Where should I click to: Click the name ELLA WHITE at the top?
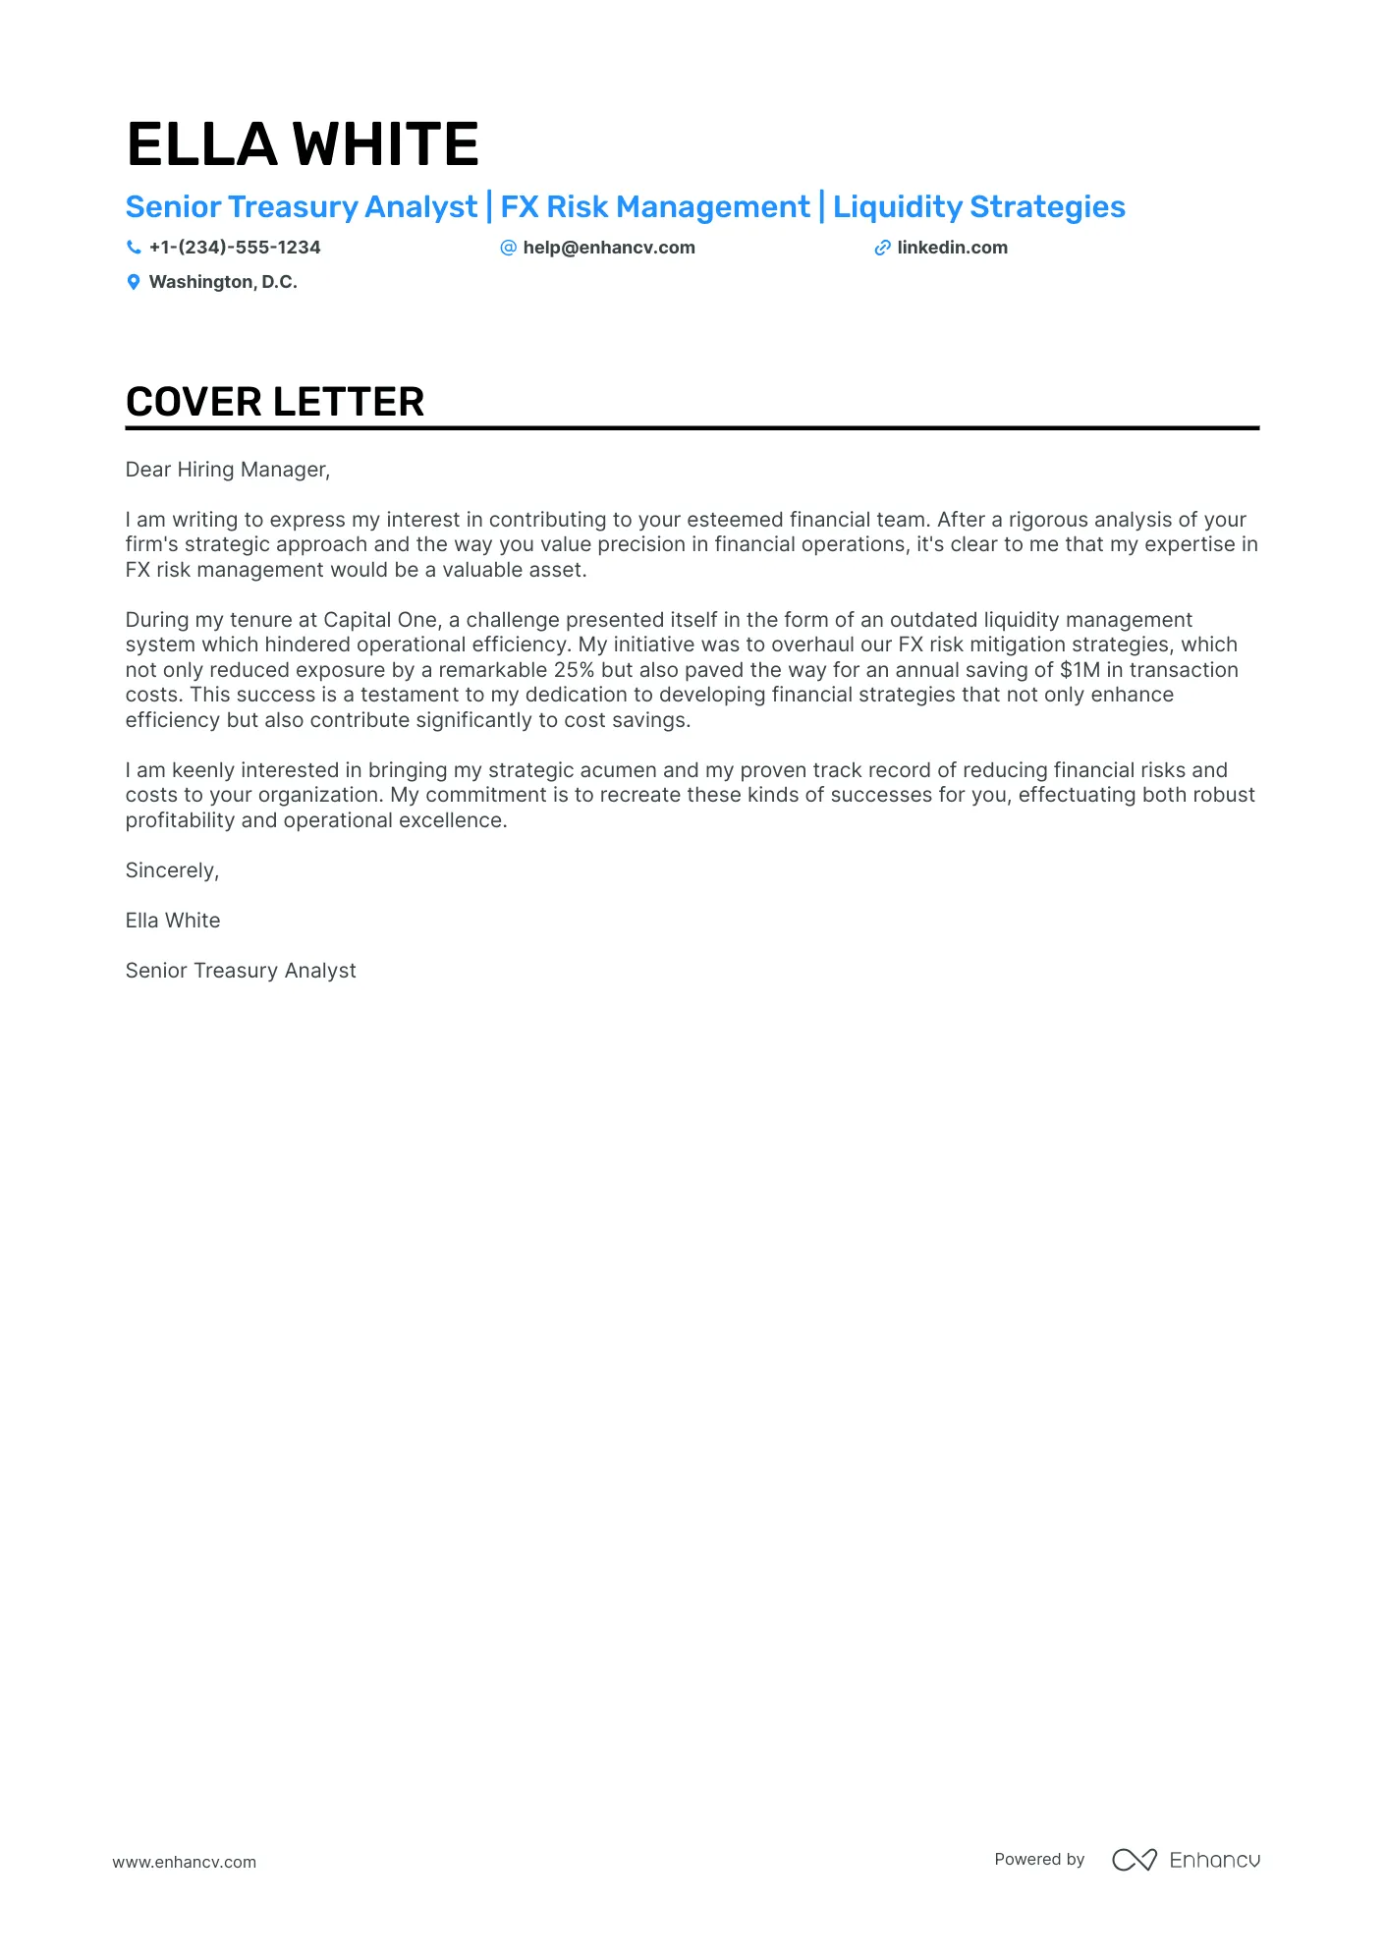303,144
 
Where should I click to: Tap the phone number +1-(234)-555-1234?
235,248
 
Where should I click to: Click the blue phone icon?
134,248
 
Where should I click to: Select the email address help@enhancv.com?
609,248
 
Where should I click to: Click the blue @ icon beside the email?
508,248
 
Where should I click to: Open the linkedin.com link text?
952,248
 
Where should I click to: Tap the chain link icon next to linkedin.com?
882,248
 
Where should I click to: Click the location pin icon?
134,283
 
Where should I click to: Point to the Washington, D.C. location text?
223,282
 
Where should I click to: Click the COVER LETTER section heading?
275,402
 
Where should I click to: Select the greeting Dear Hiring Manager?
228,470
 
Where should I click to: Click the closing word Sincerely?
172,870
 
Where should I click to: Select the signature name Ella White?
173,921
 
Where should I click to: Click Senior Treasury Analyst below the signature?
241,971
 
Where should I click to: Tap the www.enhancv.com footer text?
184,1862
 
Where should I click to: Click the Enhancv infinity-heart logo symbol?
1134,1860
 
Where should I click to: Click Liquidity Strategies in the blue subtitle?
978,207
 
